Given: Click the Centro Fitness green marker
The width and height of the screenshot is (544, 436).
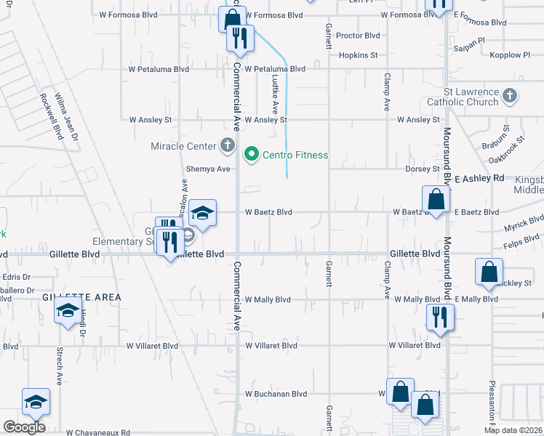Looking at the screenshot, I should click(252, 154).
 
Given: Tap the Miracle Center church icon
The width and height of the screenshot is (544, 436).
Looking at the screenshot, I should click(228, 145).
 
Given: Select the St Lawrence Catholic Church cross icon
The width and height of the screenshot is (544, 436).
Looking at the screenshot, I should click(510, 95).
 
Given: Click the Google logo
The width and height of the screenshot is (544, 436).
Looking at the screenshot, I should click(24, 427).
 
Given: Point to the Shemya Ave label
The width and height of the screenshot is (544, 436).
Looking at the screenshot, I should click(208, 169).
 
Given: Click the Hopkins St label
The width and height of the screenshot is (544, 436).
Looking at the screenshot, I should click(358, 54).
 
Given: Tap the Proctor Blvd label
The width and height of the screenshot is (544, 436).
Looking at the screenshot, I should click(358, 35).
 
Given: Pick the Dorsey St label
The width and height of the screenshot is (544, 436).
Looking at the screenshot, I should click(423, 169).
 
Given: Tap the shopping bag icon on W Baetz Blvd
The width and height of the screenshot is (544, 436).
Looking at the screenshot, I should click(435, 199).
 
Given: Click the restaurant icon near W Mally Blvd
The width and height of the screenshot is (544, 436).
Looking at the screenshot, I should click(440, 317).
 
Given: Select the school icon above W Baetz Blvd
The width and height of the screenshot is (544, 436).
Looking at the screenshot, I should click(203, 213).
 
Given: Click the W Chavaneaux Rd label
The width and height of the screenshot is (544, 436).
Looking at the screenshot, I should click(97, 432).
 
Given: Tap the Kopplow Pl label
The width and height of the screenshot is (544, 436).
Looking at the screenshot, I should click(510, 54).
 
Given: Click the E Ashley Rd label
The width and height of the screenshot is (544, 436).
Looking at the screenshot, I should click(479, 178).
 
